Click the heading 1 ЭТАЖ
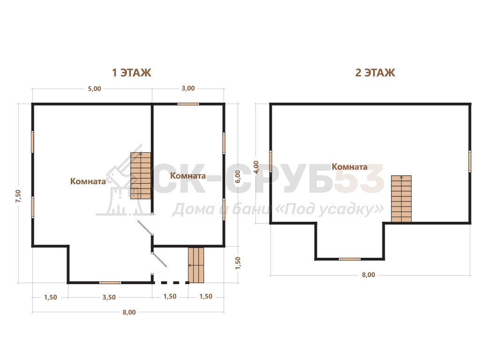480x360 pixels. pos(132,73)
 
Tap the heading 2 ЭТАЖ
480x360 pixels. pos(375,73)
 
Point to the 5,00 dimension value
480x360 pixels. pos(94,89)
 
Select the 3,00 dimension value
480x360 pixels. pos(188,89)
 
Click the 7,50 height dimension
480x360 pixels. pos(18,196)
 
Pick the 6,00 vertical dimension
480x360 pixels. pos(238,177)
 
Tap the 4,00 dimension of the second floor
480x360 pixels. pos(256,167)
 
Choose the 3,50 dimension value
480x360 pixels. pos(109,297)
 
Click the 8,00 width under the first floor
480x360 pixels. pos(129,312)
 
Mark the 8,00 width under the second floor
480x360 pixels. pos(368,275)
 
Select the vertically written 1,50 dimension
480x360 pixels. pos(238,263)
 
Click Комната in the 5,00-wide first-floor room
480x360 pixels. pos(88,181)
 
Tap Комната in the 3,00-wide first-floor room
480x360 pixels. pos(187,176)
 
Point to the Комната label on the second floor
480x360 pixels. pos(350,167)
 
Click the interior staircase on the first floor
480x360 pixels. pos(141,176)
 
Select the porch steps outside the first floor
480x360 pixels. pos(196,265)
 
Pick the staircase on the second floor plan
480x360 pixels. pos(401,199)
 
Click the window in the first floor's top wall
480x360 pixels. pos(188,104)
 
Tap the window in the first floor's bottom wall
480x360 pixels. pos(110,283)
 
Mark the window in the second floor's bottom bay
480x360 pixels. pos(350,259)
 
